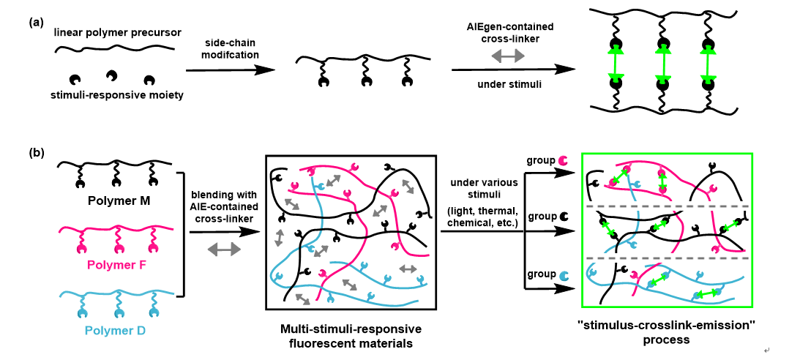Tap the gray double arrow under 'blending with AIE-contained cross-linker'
tap(224, 249)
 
